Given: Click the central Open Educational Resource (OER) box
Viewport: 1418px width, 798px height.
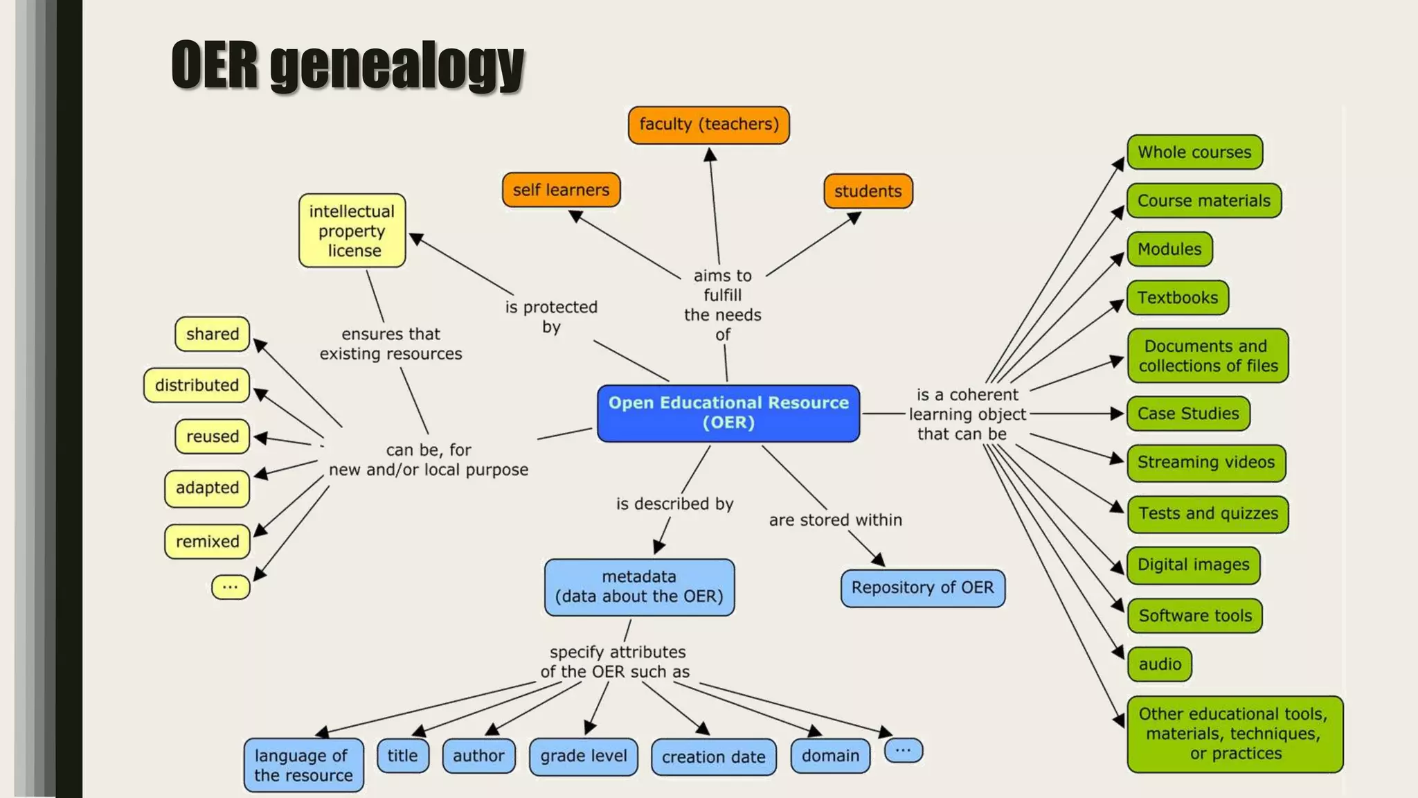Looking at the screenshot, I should pyautogui.click(x=728, y=413).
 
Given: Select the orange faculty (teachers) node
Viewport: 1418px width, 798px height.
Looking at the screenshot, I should pyautogui.click(x=708, y=125).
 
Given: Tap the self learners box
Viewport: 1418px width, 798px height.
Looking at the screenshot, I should pyautogui.click(x=561, y=190).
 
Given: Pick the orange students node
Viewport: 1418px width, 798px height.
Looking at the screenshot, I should pyautogui.click(x=868, y=191).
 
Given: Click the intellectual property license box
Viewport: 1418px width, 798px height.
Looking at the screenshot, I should pyautogui.click(x=352, y=231).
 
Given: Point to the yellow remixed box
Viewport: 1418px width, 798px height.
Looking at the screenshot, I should pyautogui.click(x=207, y=541).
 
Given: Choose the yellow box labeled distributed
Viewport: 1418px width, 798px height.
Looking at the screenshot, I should pyautogui.click(x=197, y=385).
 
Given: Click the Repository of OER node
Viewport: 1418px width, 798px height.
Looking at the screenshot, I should pyautogui.click(x=922, y=587).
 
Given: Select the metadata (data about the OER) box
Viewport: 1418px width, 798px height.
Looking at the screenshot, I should pyautogui.click(x=639, y=587).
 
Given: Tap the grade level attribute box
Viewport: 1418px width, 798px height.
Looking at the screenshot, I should pyautogui.click(x=583, y=756).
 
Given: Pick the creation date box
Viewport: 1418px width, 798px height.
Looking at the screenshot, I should pyautogui.click(x=713, y=757).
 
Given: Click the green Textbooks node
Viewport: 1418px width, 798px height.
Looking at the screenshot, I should pyautogui.click(x=1177, y=298).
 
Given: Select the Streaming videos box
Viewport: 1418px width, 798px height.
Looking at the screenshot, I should pyautogui.click(x=1205, y=462).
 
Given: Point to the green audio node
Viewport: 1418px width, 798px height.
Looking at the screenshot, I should pyautogui.click(x=1160, y=664).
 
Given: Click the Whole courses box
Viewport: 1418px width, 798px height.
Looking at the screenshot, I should pyautogui.click(x=1194, y=152).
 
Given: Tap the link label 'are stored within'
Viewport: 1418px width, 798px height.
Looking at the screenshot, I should pyautogui.click(x=835, y=520).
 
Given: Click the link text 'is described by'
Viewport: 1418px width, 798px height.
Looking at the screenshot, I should pyautogui.click(x=674, y=504).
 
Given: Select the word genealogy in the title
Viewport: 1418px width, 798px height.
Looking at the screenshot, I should pyautogui.click(x=397, y=66).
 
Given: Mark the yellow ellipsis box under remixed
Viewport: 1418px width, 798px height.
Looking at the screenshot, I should pyautogui.click(x=231, y=587).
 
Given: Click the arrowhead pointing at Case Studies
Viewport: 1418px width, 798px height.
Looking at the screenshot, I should pyautogui.click(x=1116, y=414).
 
